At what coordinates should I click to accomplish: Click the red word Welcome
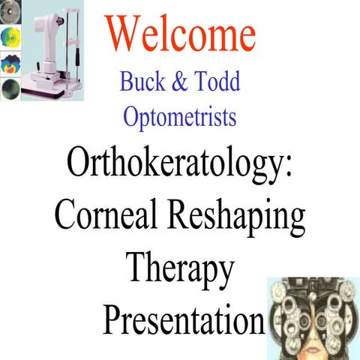(x=181, y=34)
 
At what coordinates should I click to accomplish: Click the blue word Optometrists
(x=179, y=116)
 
